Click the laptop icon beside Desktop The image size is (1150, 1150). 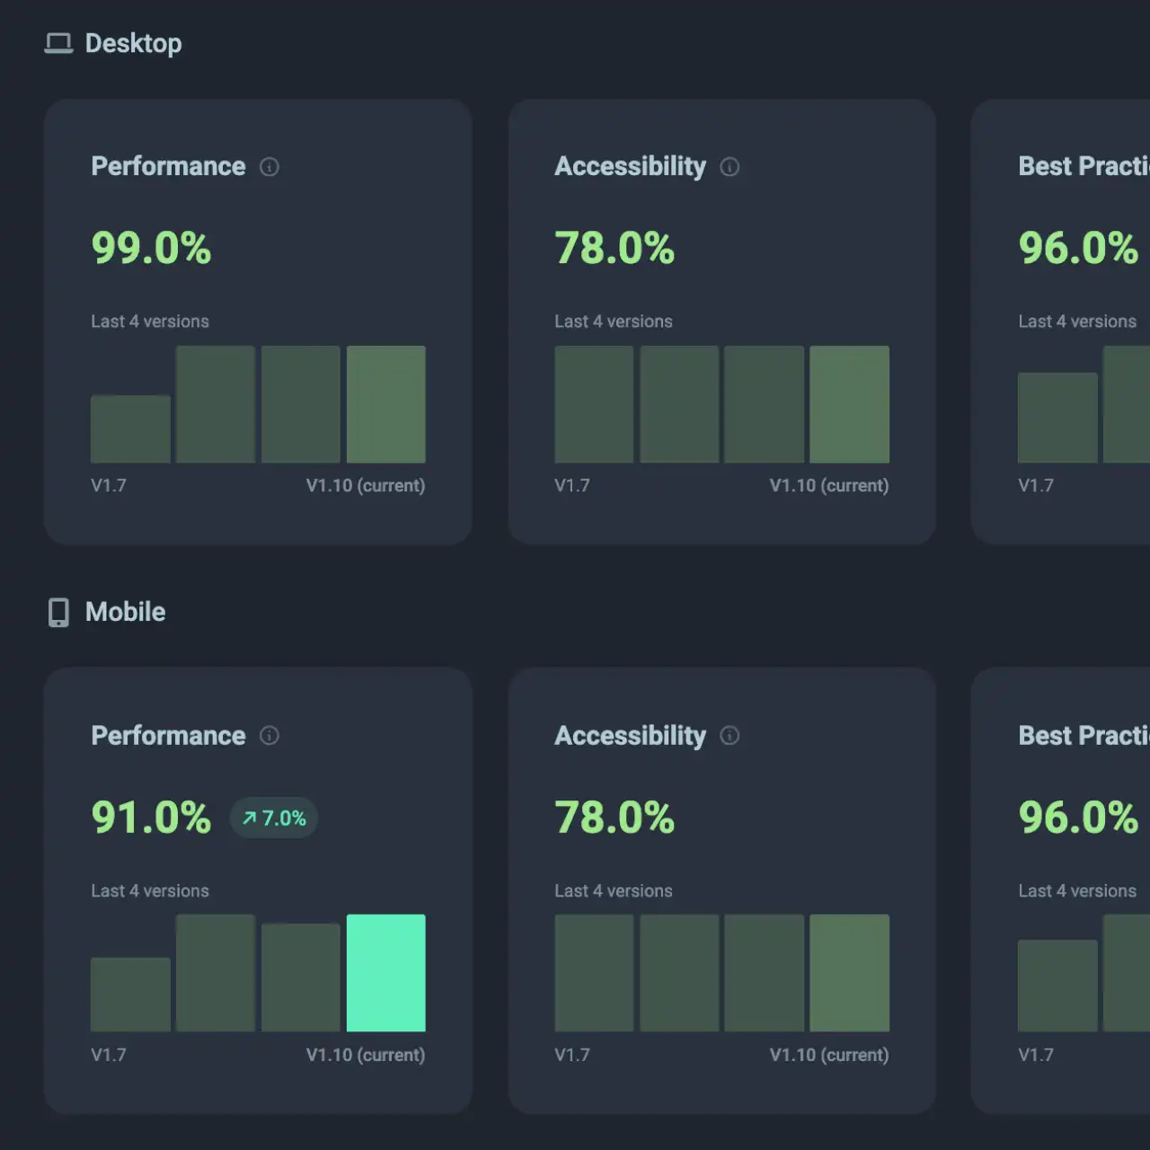(58, 43)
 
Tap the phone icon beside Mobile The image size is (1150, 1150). (58, 612)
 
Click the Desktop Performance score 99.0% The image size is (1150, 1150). (151, 248)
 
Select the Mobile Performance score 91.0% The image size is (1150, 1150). (151, 818)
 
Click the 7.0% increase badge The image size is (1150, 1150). (274, 818)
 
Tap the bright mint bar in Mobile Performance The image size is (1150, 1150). (386, 973)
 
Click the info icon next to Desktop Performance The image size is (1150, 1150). (270, 167)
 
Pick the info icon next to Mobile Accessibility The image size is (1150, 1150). (730, 736)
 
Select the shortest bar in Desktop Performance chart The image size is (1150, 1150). (130, 429)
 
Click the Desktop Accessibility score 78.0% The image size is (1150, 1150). (615, 248)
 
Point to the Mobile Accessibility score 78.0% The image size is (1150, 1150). (615, 818)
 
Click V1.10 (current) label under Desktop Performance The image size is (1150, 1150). (366, 485)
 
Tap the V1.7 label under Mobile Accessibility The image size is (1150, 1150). (572, 1055)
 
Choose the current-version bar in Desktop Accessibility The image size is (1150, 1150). (849, 404)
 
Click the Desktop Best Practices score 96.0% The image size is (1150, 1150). (1078, 248)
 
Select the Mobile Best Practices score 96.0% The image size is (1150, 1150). (1078, 818)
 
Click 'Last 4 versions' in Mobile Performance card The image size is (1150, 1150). (150, 890)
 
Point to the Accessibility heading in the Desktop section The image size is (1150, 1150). (630, 166)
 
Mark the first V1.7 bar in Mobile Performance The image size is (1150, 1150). (130, 995)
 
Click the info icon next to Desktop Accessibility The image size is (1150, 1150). (730, 167)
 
